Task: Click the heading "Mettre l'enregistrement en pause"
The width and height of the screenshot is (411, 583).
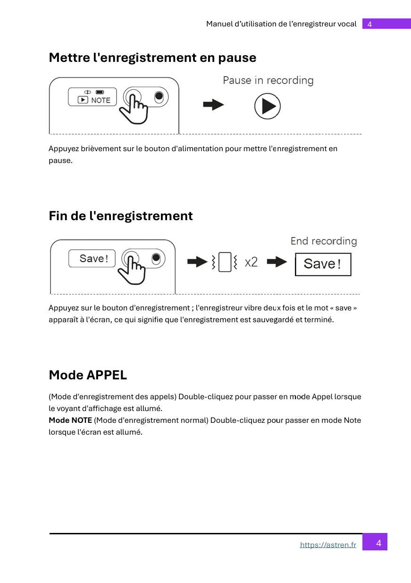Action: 152,58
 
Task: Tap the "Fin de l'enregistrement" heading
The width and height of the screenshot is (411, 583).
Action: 121,216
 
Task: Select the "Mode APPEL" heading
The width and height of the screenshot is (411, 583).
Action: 88,375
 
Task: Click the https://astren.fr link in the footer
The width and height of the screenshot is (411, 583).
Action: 328,545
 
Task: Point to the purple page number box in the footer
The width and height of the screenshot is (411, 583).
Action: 375,542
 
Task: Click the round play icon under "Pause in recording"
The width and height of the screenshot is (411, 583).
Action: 268,106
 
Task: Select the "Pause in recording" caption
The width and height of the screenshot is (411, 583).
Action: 268,80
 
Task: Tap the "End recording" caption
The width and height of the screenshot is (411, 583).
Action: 324,241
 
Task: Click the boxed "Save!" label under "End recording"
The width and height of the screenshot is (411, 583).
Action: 323,264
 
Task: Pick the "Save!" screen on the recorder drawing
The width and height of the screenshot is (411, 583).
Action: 92,258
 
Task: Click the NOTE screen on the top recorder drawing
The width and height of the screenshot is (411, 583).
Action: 92,97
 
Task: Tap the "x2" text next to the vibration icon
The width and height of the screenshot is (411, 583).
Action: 251,262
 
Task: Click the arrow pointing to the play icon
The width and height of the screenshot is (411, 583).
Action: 213,105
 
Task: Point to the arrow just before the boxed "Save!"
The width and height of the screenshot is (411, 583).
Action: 277,262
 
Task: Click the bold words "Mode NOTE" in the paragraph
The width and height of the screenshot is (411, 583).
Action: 70,420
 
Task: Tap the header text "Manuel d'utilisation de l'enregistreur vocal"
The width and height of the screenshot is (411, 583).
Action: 281,24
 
